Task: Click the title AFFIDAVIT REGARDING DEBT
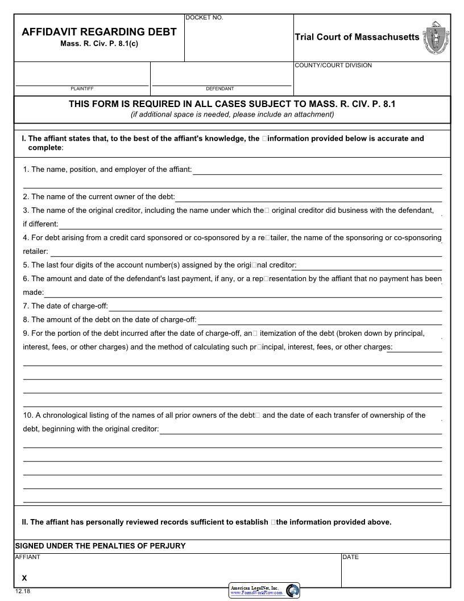click(x=99, y=32)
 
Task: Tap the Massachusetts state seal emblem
click(x=436, y=38)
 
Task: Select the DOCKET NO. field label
click(x=204, y=18)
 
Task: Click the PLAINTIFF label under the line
click(x=82, y=89)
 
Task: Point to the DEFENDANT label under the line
click(x=219, y=89)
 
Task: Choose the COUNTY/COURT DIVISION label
click(x=333, y=65)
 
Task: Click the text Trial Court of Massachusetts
click(x=357, y=37)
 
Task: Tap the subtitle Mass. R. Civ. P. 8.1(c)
click(x=99, y=44)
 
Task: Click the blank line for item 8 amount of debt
click(x=319, y=320)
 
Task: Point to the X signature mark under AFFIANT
click(x=24, y=578)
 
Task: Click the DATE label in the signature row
click(x=350, y=557)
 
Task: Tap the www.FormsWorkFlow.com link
click(x=256, y=593)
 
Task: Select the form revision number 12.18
click(x=22, y=592)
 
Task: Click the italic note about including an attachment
click(x=232, y=114)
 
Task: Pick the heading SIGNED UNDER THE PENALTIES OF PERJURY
click(x=100, y=546)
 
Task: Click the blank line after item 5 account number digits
click(x=369, y=266)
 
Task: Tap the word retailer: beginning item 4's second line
click(x=35, y=252)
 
